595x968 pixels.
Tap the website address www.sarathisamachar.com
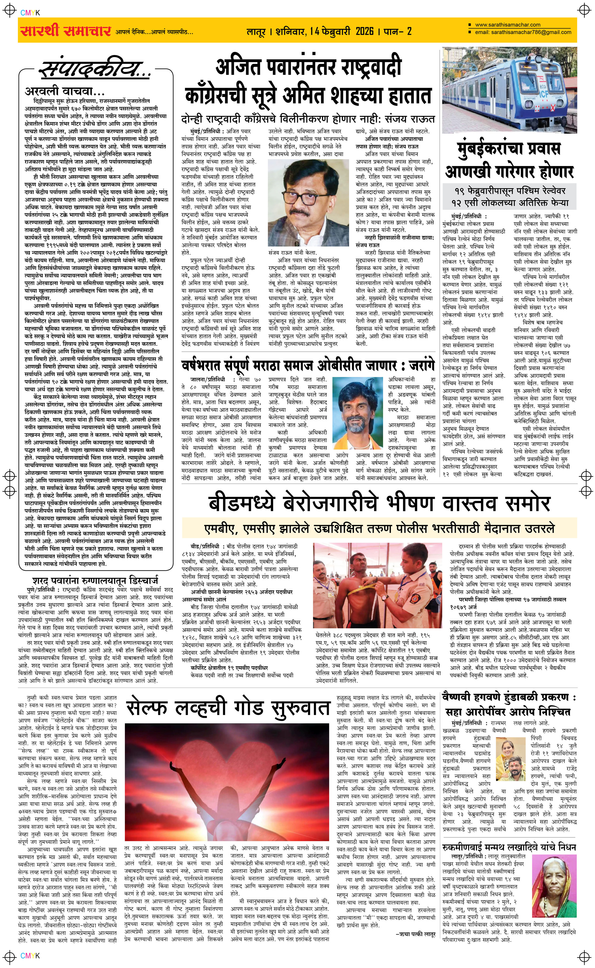[x=507, y=25]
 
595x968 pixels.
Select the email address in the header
[x=523, y=32]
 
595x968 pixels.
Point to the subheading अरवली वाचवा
[x=65, y=91]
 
